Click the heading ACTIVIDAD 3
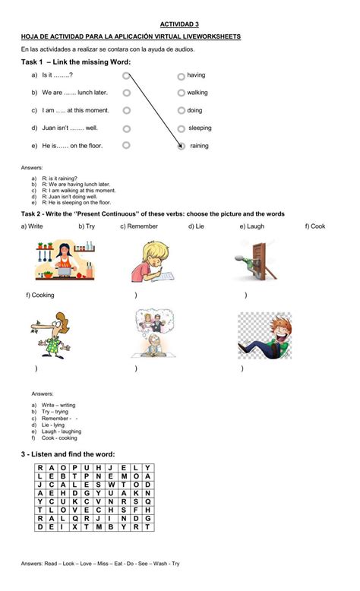tap(179, 24)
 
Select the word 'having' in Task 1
tap(196, 75)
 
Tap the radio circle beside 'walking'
tap(182, 93)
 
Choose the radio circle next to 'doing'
tap(182, 111)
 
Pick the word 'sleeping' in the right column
tap(200, 128)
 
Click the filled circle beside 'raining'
tap(181, 146)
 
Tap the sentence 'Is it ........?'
tap(57, 75)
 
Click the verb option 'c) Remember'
tap(139, 226)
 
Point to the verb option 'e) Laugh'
tap(252, 226)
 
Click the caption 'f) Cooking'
tap(40, 295)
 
